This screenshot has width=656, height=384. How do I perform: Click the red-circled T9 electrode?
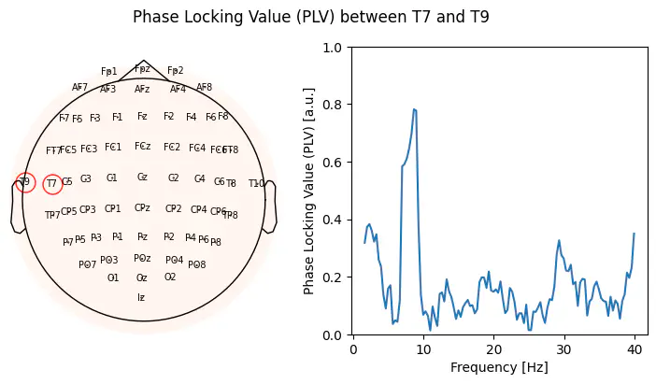(x=25, y=182)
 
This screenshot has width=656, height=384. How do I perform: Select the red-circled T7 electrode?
(x=52, y=184)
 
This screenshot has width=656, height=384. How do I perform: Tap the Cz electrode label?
(x=142, y=177)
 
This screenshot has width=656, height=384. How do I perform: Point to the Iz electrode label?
(x=141, y=298)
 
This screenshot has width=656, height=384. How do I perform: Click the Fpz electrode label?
(x=142, y=68)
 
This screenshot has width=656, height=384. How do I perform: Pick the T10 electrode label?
(x=256, y=184)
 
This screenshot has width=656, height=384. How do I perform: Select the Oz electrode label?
(x=142, y=277)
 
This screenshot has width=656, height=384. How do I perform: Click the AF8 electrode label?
(x=205, y=87)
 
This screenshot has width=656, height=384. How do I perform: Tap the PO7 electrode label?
(x=87, y=264)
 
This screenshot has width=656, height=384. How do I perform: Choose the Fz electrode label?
(x=142, y=117)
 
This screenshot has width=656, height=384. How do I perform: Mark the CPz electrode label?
(x=142, y=207)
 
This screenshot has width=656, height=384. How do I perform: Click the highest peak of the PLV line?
(x=413, y=109)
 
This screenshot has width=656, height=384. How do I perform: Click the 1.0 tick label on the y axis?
(x=332, y=47)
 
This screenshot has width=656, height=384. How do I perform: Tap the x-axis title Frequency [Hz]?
(x=493, y=367)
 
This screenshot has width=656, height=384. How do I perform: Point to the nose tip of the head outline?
(x=143, y=60)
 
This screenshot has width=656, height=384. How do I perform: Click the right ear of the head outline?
(x=270, y=206)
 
